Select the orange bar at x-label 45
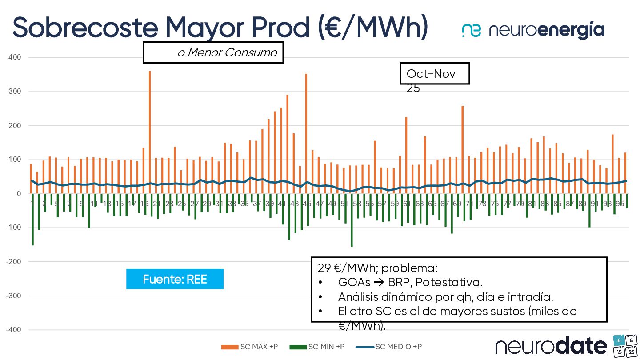306,133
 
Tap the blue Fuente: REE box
175,279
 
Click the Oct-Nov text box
434,74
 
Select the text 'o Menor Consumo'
227,53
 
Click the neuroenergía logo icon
471,30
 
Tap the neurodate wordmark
551,345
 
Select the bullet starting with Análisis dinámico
444,297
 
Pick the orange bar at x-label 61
406,155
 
